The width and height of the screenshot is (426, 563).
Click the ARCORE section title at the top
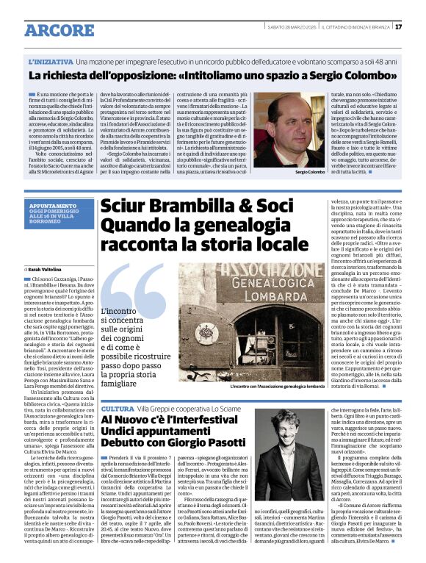point(54,30)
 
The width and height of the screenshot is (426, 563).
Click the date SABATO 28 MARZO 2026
point(290,27)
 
